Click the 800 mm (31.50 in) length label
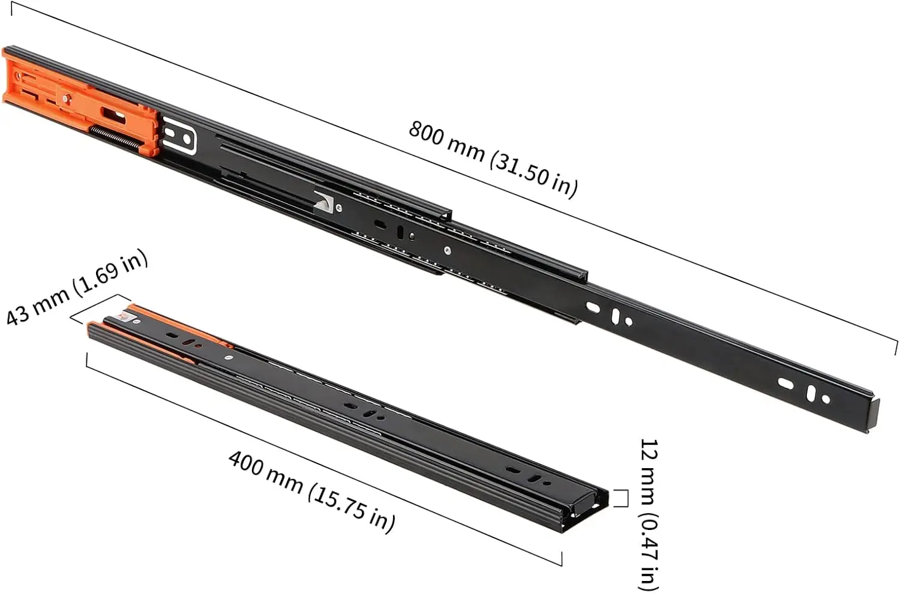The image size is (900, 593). click(x=493, y=158)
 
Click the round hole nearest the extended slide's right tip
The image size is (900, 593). click(x=826, y=399)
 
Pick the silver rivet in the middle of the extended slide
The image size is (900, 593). click(x=447, y=250)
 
